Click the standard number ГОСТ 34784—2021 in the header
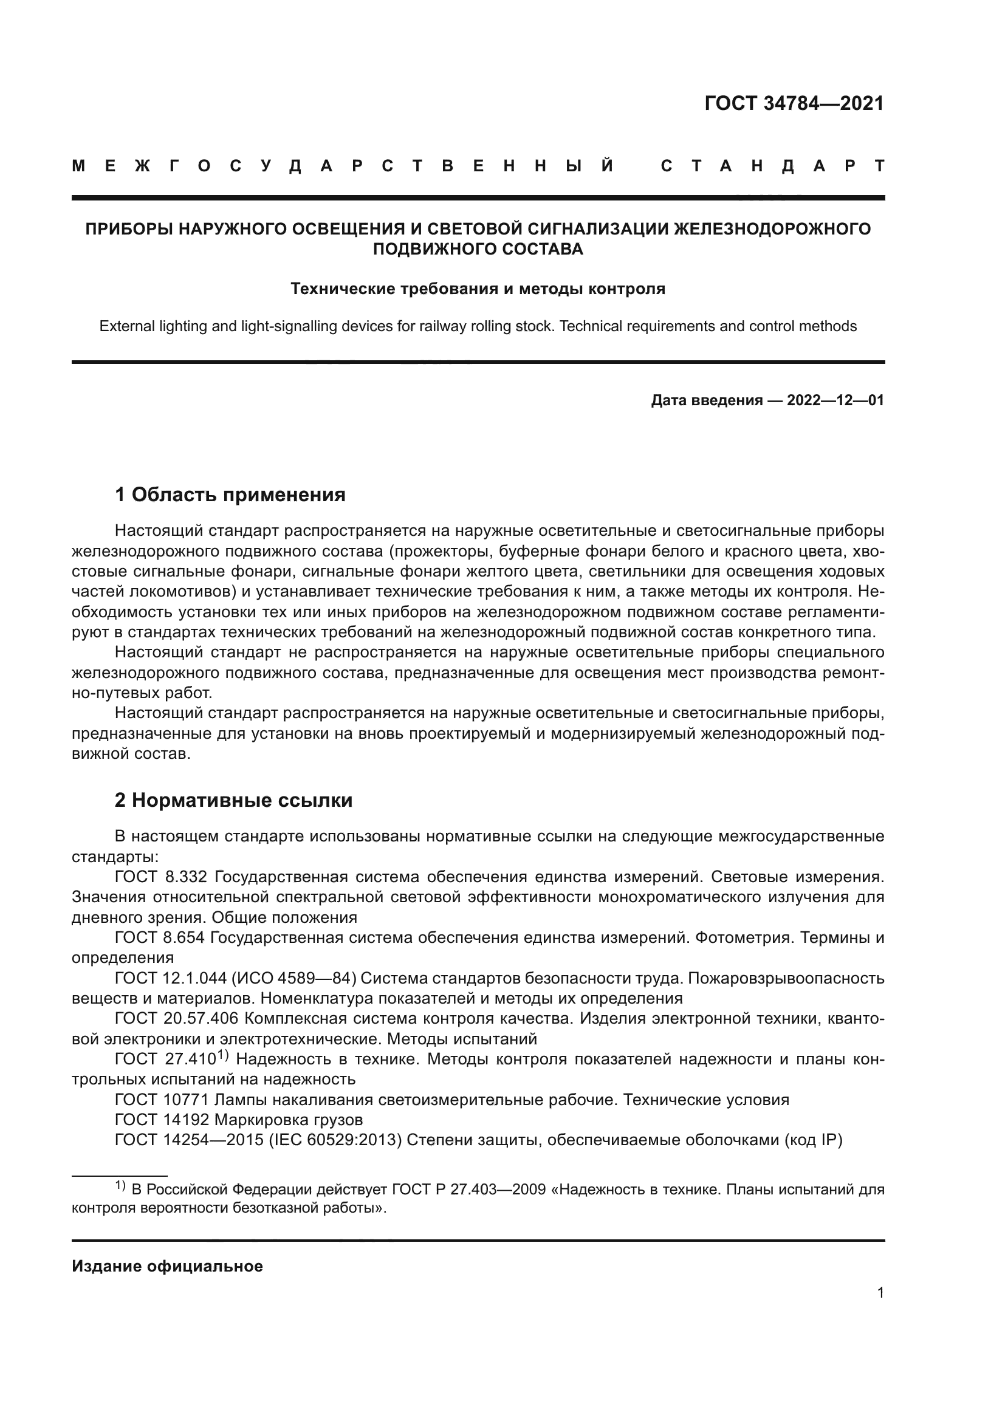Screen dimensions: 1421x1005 794,103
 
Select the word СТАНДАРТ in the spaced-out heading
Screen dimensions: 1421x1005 772,166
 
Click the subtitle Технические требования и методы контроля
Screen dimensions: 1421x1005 478,289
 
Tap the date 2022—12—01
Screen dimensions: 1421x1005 835,400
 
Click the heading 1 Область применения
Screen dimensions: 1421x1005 230,495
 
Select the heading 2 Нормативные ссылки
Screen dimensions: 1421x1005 234,800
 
